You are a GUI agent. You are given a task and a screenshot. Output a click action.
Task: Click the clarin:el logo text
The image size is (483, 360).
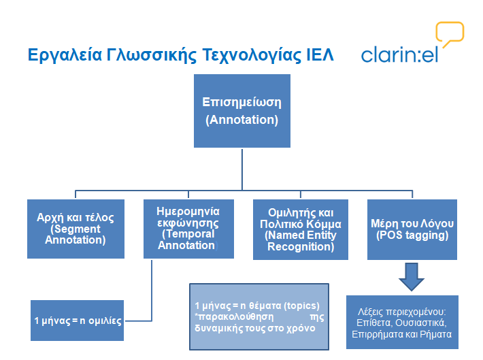tap(399, 55)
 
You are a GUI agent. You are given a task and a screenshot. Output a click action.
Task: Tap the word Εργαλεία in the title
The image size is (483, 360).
tap(65, 56)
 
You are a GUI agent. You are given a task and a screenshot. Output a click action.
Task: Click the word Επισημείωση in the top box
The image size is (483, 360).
tap(241, 103)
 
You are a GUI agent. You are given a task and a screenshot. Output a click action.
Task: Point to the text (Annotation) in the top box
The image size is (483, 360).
tap(241, 120)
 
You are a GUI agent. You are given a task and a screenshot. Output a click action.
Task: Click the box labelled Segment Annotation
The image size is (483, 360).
tap(76, 229)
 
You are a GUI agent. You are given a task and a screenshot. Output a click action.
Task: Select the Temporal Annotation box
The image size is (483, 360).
tap(188, 229)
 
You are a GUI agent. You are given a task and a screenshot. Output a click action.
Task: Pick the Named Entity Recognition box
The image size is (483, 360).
tap(301, 229)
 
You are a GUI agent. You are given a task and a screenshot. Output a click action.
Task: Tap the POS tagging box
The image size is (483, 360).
tap(412, 229)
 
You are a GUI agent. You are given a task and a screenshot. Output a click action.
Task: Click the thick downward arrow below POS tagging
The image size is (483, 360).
tap(412, 277)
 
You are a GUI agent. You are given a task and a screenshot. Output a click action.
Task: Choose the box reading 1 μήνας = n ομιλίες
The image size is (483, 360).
tap(78, 321)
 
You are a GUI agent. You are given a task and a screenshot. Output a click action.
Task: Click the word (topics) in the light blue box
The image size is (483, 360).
tap(301, 306)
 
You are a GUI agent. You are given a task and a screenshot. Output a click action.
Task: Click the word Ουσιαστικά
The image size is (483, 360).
tap(421, 323)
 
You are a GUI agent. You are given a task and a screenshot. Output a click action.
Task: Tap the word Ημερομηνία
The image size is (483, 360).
tap(188, 212)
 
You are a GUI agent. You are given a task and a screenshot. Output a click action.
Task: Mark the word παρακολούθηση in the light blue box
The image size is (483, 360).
tap(235, 317)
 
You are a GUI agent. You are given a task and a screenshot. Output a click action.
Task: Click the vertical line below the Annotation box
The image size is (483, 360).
tap(242, 169)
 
